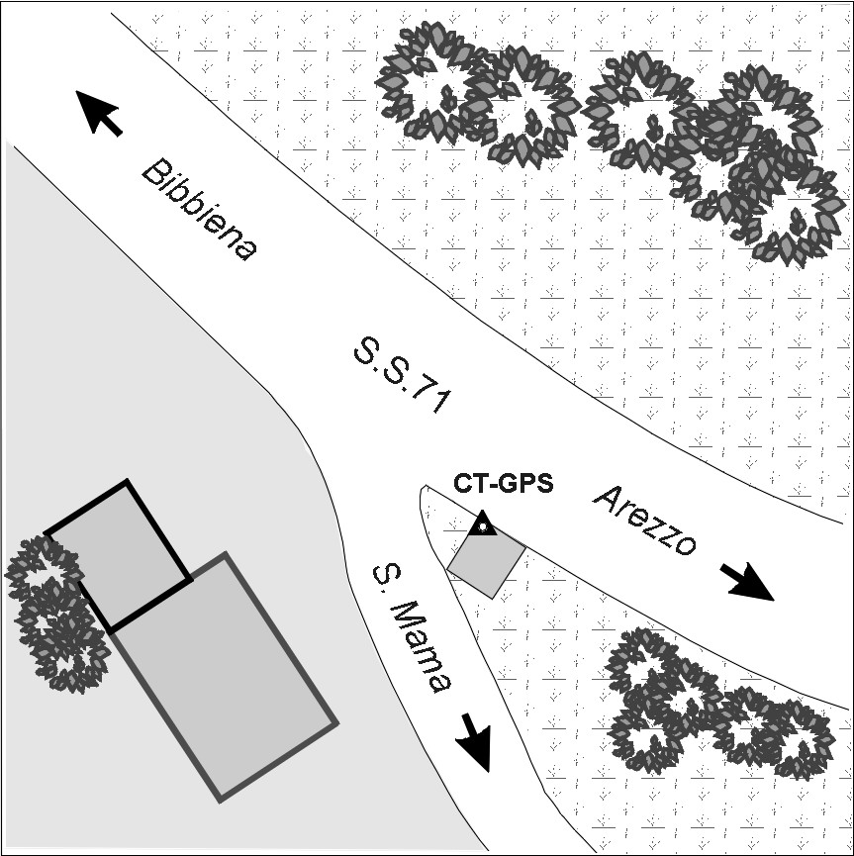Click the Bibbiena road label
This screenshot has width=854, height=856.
point(199,212)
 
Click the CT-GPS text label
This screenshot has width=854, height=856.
point(503,484)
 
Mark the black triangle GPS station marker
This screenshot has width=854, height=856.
point(482,524)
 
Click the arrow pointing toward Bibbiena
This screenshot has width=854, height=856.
point(100,111)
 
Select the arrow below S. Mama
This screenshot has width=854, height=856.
point(474,740)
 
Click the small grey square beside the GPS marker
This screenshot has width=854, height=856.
point(486,562)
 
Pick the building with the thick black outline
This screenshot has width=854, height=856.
point(118,555)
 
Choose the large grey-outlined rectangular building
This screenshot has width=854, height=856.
point(225,678)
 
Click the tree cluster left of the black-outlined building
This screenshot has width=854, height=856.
point(54,614)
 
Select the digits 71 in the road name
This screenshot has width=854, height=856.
point(434,401)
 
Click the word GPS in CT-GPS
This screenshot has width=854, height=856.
point(530,484)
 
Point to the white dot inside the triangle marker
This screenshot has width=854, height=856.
point(482,527)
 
